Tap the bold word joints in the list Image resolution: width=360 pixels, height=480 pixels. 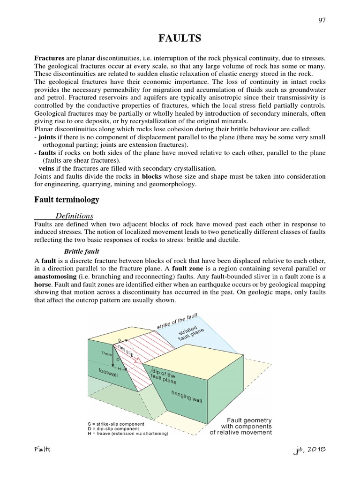[x=47, y=136]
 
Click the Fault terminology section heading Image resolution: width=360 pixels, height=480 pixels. [x=67, y=200]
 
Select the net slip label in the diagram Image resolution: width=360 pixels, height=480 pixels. [x=131, y=351]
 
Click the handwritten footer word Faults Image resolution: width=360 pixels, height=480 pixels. [x=43, y=450]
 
